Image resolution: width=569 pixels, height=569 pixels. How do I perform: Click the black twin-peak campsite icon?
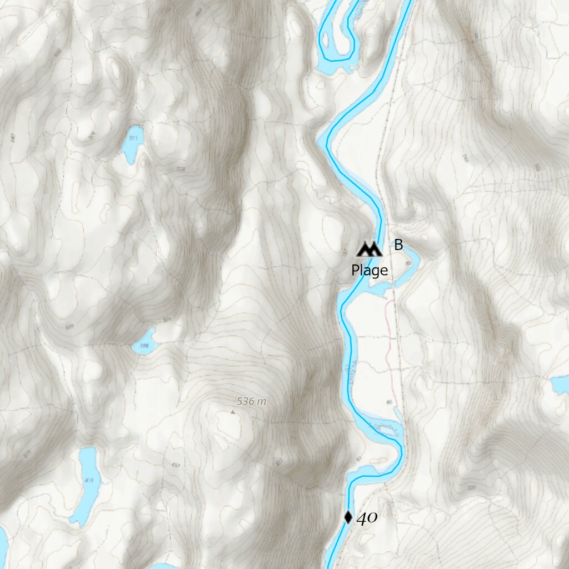[370, 249]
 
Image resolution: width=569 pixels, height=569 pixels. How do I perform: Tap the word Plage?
[370, 271]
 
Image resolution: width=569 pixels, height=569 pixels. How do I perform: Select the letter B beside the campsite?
[398, 244]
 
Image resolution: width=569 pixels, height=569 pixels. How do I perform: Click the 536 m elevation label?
[251, 401]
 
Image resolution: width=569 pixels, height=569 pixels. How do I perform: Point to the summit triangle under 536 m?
[232, 412]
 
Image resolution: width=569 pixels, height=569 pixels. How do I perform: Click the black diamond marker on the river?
[348, 517]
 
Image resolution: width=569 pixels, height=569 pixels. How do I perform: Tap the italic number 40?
[367, 518]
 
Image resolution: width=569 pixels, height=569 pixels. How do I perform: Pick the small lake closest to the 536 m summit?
[144, 342]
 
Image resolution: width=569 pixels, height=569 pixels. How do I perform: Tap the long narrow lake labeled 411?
[86, 483]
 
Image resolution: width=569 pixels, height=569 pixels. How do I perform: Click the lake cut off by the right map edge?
[560, 384]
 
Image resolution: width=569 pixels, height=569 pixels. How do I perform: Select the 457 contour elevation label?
[176, 465]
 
